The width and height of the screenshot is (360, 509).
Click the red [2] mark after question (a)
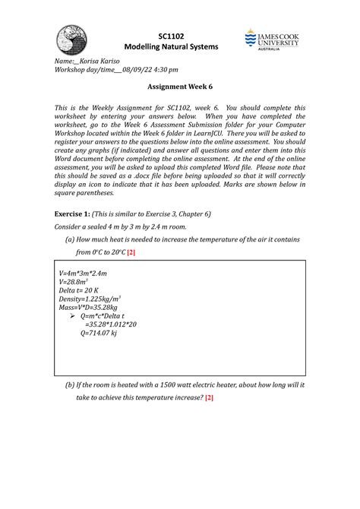[130, 251]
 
